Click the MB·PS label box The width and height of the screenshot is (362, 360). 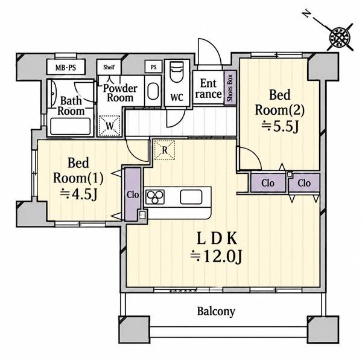tap(66, 67)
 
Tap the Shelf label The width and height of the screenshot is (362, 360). tap(109, 67)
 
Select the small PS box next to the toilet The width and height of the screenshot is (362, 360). tap(153, 67)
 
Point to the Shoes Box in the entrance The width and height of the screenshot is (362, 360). tap(230, 88)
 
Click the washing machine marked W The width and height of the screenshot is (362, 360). tap(109, 126)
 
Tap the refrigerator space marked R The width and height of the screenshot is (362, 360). tap(164, 150)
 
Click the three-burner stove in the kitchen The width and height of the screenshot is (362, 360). tap(155, 197)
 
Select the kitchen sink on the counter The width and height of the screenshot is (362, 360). tap(191, 197)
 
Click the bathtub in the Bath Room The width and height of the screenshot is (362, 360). tap(71, 126)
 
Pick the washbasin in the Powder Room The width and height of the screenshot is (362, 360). tap(153, 91)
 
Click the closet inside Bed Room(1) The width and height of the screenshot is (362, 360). tap(133, 194)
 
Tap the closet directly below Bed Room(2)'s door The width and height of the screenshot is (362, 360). tap(268, 183)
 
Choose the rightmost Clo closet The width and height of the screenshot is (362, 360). tap(304, 183)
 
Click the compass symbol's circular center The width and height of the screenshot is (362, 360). tap(340, 37)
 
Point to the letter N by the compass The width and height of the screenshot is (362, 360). tap(306, 14)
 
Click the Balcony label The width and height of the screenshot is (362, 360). tap(216, 312)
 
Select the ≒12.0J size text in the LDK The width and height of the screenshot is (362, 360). tap(216, 257)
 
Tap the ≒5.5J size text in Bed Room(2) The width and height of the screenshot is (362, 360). tap(280, 127)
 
